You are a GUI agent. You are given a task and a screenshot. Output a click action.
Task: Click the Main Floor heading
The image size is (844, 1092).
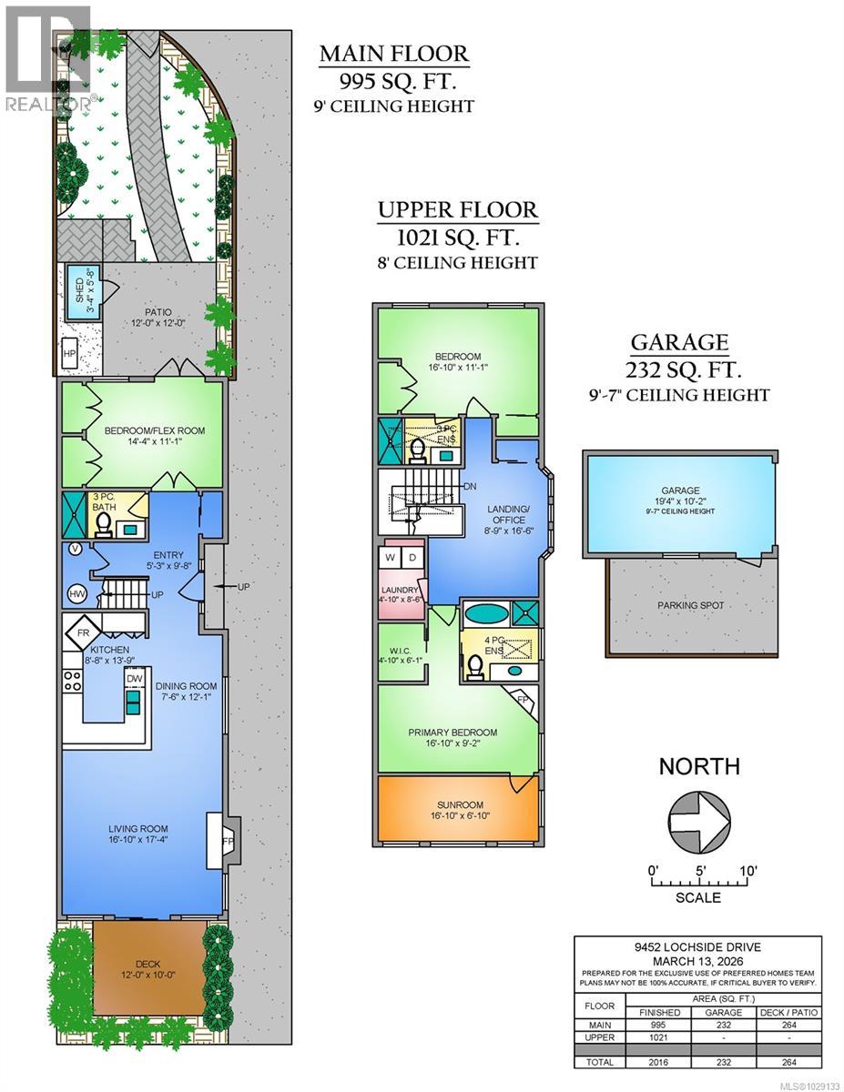point(393,54)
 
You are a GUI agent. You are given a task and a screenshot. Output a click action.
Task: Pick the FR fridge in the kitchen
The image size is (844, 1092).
point(82,632)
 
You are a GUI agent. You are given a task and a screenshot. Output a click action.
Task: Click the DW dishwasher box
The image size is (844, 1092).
point(135,679)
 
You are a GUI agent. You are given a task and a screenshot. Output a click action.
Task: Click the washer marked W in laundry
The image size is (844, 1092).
point(391,557)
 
